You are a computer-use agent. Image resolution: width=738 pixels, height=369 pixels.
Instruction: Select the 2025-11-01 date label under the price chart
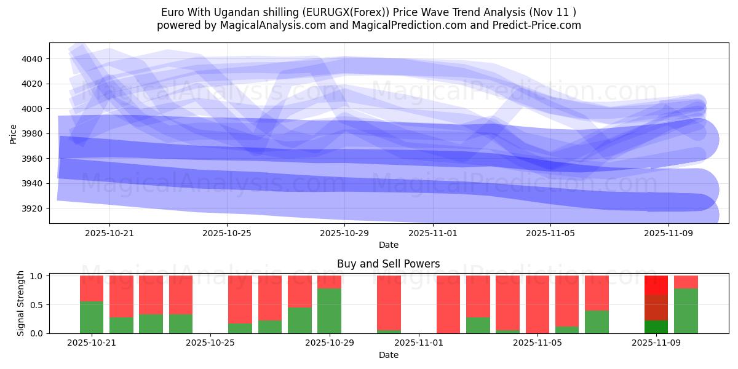click(x=433, y=233)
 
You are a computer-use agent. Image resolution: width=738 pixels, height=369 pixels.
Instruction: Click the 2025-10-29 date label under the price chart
click(x=344, y=233)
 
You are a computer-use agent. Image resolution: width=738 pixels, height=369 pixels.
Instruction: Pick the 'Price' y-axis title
click(x=14, y=133)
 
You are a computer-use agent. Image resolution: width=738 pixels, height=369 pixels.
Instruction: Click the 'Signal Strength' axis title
click(x=21, y=303)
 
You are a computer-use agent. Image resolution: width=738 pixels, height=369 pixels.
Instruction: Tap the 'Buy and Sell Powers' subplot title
click(x=388, y=264)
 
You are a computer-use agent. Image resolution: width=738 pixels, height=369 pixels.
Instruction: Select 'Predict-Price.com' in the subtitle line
click(x=535, y=25)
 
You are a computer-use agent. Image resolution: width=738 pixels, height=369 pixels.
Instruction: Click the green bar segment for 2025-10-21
click(x=92, y=317)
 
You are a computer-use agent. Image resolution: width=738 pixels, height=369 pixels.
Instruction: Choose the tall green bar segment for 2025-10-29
click(x=329, y=311)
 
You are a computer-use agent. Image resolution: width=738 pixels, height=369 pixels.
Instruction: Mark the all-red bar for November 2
click(x=448, y=304)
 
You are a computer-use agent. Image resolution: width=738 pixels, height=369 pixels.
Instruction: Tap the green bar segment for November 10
click(x=686, y=311)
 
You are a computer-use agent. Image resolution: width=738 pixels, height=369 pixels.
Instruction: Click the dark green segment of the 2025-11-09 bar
click(x=656, y=327)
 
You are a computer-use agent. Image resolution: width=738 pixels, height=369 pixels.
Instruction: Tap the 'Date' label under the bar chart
click(x=388, y=355)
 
